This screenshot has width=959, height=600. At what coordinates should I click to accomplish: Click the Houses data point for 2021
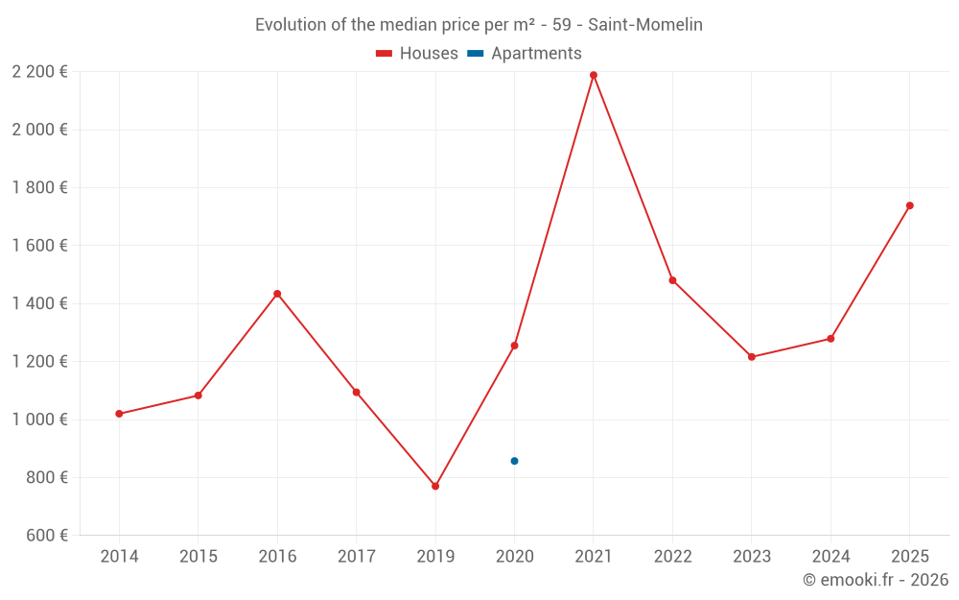(x=594, y=75)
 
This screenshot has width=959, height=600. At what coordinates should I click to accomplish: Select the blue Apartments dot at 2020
(x=514, y=461)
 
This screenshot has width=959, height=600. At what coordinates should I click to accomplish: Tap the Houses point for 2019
(x=435, y=487)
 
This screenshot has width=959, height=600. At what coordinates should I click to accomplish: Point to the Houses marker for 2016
(x=277, y=294)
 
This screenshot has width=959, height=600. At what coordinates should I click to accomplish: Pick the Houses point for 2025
(x=910, y=205)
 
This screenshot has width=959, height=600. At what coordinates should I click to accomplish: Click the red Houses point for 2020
(x=514, y=346)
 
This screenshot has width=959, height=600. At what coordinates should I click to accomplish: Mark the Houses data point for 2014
(x=119, y=414)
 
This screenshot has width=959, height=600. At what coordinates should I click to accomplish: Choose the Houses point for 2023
(x=752, y=357)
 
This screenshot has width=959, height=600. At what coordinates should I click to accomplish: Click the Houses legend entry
(x=417, y=54)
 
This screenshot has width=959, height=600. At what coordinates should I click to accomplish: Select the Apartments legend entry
(x=525, y=54)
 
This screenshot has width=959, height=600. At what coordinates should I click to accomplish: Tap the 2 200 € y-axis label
(x=39, y=71)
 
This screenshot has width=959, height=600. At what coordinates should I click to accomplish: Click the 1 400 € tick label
(x=39, y=303)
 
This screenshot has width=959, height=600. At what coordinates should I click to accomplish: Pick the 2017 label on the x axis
(x=356, y=557)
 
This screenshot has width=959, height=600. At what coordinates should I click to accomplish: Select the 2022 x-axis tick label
(x=672, y=557)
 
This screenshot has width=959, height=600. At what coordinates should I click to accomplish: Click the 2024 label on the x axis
(x=830, y=557)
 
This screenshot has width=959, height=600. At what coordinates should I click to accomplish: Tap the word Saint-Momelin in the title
(x=645, y=25)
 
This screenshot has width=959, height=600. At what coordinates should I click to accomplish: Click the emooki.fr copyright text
(x=875, y=580)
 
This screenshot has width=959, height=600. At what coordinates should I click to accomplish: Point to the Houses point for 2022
(x=672, y=280)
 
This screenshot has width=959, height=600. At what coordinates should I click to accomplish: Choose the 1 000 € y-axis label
(x=39, y=420)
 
